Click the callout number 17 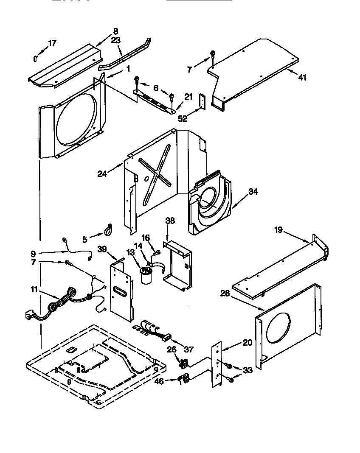pos(52,43)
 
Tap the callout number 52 pos(183,119)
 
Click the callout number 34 pos(253,192)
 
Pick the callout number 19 pos(278,230)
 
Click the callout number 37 pos(188,350)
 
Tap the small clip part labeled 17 pos(37,57)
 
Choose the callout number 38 pos(170,221)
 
